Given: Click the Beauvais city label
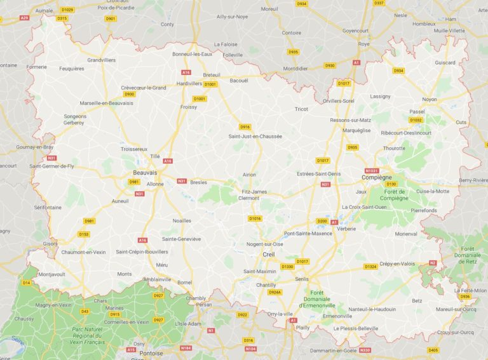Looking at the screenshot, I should (x=145, y=173).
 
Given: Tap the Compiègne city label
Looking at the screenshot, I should (x=376, y=178).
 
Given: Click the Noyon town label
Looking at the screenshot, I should (x=430, y=100).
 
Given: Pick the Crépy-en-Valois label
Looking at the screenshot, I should (x=398, y=263).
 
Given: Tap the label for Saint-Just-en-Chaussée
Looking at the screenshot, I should (x=255, y=136).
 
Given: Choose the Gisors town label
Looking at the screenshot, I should (x=50, y=243).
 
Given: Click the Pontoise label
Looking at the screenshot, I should (x=151, y=352).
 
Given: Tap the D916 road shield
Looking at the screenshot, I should (x=245, y=126).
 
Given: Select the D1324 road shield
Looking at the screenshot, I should (x=370, y=267).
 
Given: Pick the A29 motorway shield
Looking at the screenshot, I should (x=25, y=18).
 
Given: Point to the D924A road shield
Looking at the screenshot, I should (x=274, y=292).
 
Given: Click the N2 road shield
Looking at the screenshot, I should (x=433, y=262).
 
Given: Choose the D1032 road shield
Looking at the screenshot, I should (x=416, y=119).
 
